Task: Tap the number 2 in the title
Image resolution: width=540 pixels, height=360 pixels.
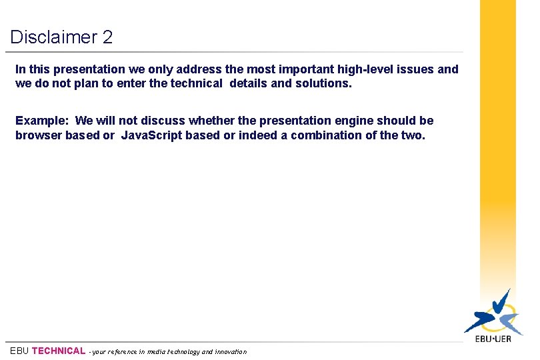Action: (x=108, y=37)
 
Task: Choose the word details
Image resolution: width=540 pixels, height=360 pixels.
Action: (x=250, y=83)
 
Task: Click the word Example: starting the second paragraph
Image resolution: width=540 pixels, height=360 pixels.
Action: (x=42, y=121)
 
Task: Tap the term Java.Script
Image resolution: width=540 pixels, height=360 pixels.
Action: (x=151, y=135)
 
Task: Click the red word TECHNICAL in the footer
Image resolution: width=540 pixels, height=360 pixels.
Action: (x=59, y=351)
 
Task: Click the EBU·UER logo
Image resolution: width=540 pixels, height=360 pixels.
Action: (x=493, y=317)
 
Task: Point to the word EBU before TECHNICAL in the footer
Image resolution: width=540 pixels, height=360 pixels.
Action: (x=19, y=351)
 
